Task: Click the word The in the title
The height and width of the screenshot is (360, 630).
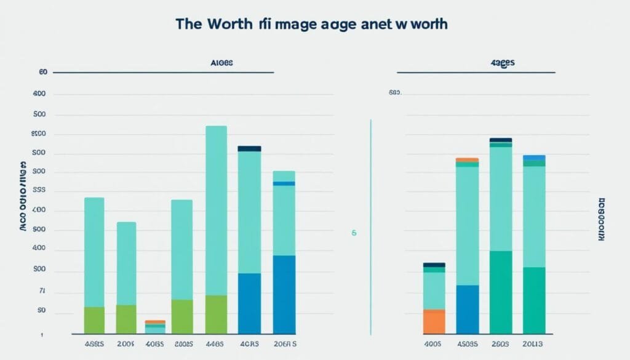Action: pyautogui.click(x=189, y=24)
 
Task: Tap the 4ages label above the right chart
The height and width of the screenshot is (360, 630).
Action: pyautogui.click(x=503, y=63)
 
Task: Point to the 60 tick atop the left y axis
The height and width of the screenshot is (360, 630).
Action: pyautogui.click(x=42, y=73)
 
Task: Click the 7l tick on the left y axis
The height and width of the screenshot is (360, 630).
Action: pyautogui.click(x=42, y=292)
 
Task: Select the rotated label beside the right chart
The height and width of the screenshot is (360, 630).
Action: pyautogui.click(x=602, y=219)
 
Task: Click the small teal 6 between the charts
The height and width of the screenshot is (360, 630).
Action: pyautogui.click(x=354, y=234)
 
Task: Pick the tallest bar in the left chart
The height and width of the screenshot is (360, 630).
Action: pyautogui.click(x=216, y=209)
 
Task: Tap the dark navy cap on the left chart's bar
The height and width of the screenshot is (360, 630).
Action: pyautogui.click(x=249, y=148)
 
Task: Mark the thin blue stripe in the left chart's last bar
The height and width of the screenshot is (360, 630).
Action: pyautogui.click(x=284, y=183)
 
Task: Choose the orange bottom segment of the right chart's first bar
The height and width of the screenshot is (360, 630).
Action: pyautogui.click(x=434, y=321)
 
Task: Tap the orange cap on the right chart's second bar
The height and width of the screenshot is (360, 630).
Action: pyautogui.click(x=468, y=159)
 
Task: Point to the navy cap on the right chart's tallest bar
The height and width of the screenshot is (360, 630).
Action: pyautogui.click(x=501, y=140)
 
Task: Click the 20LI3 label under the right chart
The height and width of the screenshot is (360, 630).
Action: pyautogui.click(x=533, y=344)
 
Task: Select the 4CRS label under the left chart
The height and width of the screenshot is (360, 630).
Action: pyautogui.click(x=249, y=344)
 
